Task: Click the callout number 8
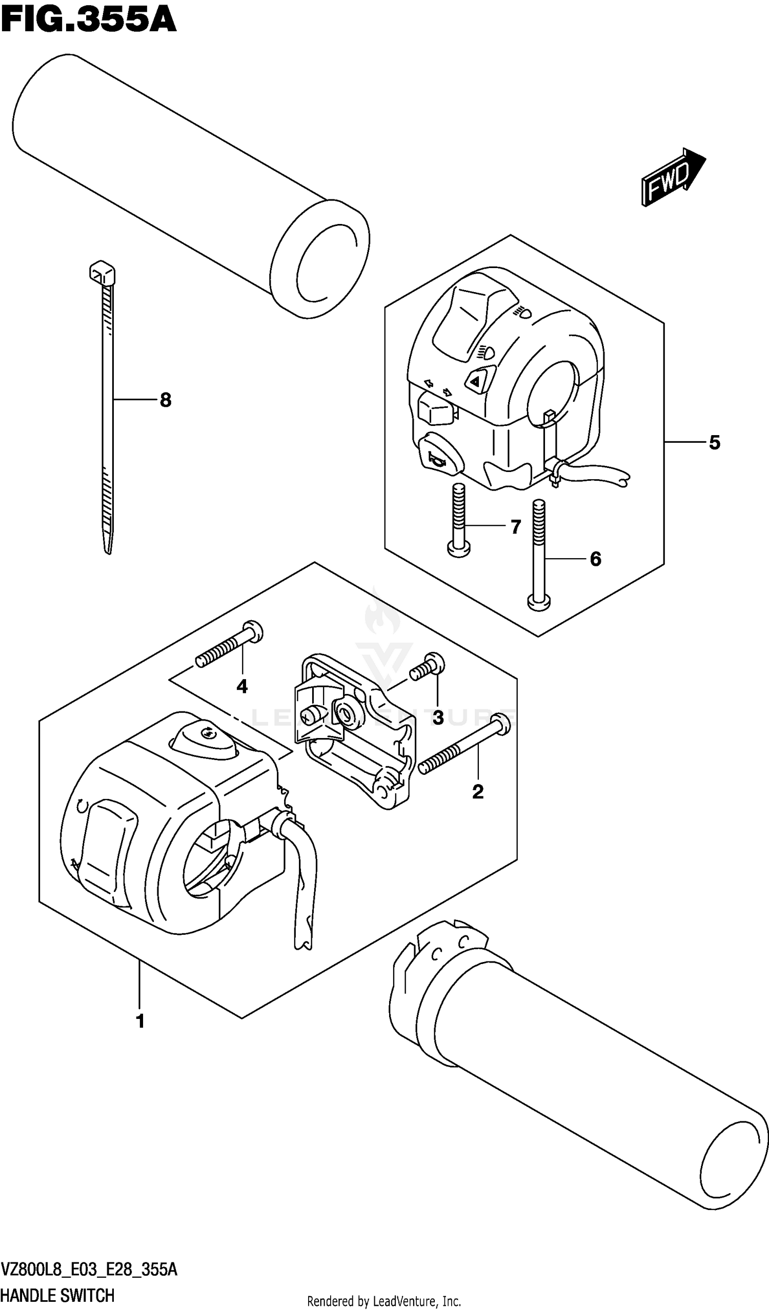[x=166, y=400]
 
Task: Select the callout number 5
[x=714, y=443]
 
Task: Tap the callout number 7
[x=516, y=527]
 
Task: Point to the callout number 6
[x=595, y=559]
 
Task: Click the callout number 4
[x=242, y=687]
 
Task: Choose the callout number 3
[x=438, y=718]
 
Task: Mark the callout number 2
[x=478, y=792]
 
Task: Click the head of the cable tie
[x=102, y=273]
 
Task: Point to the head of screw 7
[x=458, y=548]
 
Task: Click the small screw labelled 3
[x=428, y=668]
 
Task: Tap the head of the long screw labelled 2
[x=500, y=725]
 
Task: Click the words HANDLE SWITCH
[x=57, y=1296]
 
